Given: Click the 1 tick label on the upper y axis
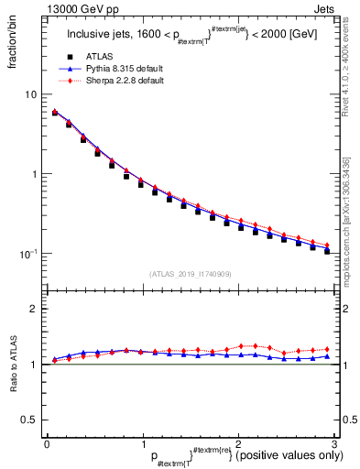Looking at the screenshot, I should coord(34,174).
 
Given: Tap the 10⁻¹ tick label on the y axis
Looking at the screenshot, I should coord(29,254).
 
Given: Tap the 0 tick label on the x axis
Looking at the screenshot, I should coord(46,443).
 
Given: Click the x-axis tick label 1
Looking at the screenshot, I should coord(142,443).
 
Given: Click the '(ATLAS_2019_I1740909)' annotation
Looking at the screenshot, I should coord(190,275).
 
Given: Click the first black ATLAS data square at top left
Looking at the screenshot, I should coord(55,114).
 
